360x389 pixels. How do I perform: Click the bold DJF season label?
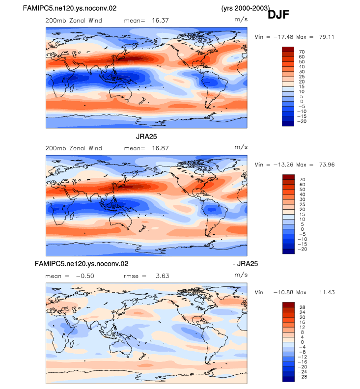point(278,14)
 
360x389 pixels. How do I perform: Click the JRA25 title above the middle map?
point(146,137)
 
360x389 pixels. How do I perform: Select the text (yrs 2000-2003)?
point(246,8)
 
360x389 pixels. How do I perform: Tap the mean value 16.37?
point(160,20)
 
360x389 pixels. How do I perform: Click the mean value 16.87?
point(160,148)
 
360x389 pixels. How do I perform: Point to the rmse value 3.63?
point(163,276)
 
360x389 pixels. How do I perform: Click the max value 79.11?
point(327,37)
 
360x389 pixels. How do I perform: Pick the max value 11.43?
point(327,292)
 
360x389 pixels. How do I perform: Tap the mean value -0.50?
point(85,276)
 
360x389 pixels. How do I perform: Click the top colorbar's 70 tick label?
point(302,52)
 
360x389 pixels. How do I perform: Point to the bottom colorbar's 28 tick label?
point(302,307)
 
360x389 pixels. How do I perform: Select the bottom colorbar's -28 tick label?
point(302,377)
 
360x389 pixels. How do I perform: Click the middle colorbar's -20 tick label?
point(302,249)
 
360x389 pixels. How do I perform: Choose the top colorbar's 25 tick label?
point(302,77)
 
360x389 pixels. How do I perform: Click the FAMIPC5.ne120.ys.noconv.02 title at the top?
point(70,8)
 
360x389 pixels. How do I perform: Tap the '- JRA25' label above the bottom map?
point(246,264)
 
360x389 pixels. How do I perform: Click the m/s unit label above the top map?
point(241,19)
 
